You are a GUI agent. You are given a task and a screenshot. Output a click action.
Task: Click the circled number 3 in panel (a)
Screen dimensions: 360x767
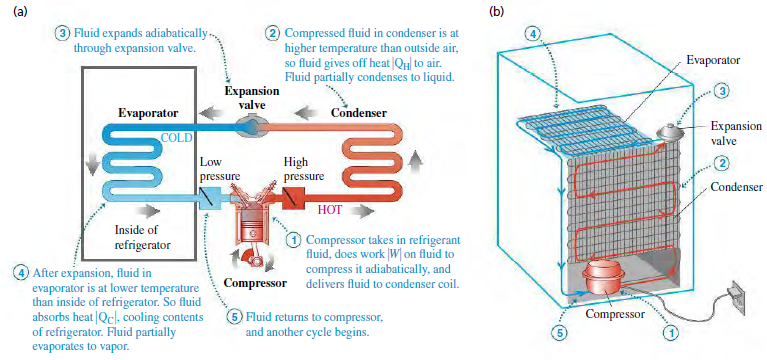(x=63, y=32)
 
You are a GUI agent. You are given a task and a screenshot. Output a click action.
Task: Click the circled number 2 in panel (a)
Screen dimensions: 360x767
(x=272, y=32)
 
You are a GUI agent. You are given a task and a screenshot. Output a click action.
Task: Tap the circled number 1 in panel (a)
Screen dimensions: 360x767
(x=293, y=240)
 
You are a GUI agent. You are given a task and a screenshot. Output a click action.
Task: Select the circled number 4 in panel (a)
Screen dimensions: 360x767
(x=21, y=272)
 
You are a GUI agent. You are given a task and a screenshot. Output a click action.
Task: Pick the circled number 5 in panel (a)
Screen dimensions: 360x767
(x=233, y=317)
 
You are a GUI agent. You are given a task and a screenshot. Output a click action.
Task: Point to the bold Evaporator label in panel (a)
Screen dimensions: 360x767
(x=148, y=112)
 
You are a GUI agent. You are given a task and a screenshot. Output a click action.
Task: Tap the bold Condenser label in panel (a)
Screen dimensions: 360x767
(x=359, y=112)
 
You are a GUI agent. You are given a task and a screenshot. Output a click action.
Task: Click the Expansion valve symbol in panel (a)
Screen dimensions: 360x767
(x=246, y=127)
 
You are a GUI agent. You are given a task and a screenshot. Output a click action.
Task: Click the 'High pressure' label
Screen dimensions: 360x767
(x=304, y=169)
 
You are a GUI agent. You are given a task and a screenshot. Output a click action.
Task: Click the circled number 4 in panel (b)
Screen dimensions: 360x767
(x=534, y=33)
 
